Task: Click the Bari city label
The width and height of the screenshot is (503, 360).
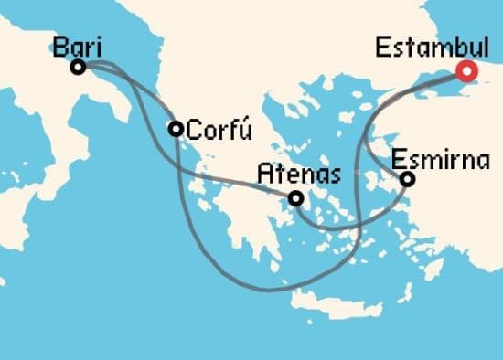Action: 77,47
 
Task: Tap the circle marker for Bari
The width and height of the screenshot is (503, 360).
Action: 79,67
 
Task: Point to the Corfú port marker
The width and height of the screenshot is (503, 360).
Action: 176,129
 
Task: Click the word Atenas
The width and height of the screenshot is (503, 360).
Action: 299,173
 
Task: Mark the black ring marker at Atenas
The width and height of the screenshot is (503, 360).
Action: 295,197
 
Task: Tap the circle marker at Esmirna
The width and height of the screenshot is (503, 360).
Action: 408,179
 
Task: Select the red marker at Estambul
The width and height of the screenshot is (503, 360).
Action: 468,70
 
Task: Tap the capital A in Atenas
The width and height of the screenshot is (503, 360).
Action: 265,173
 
